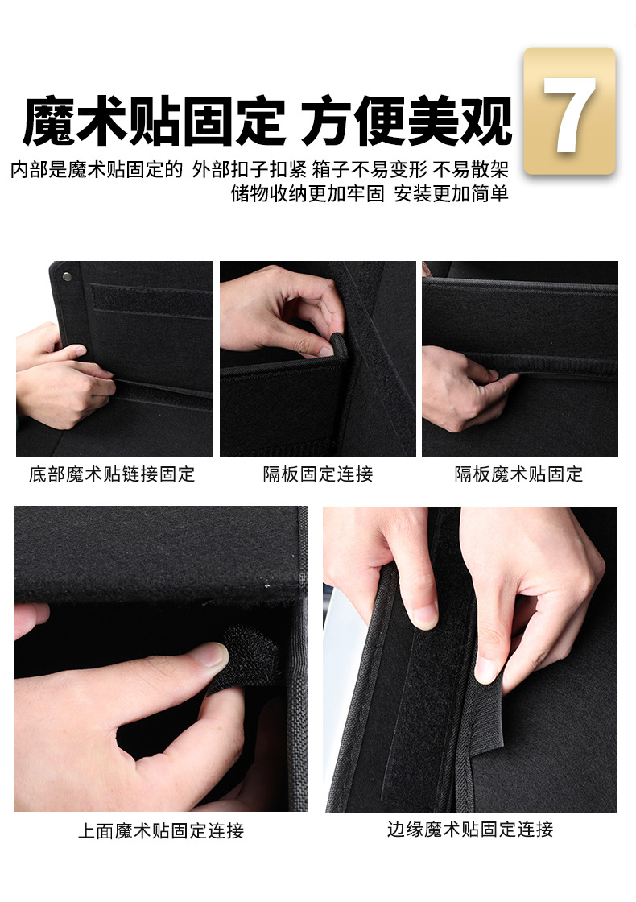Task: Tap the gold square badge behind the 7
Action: click(x=569, y=110)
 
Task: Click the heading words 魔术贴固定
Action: click(x=154, y=122)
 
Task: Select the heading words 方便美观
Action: click(x=407, y=122)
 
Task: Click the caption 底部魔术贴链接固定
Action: click(x=112, y=474)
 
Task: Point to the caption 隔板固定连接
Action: click(x=318, y=474)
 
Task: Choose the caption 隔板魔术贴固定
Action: click(x=518, y=474)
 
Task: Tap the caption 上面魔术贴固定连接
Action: click(x=161, y=830)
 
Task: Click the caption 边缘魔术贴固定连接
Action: click(x=470, y=829)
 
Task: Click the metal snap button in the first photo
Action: click(x=68, y=276)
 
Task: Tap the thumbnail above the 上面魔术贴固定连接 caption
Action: click(x=161, y=659)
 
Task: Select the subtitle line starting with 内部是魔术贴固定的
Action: click(x=260, y=170)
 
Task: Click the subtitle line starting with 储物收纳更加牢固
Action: click(x=370, y=194)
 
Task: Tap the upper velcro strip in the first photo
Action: click(x=151, y=300)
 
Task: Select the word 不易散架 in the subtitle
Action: click(x=471, y=170)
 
